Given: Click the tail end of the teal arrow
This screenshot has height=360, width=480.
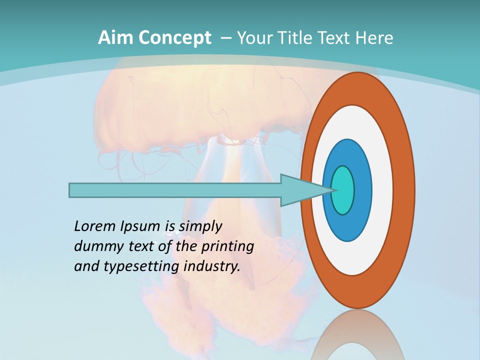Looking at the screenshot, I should tap(73, 190).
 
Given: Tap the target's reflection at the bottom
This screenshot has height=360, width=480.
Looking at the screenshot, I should tap(358, 335).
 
